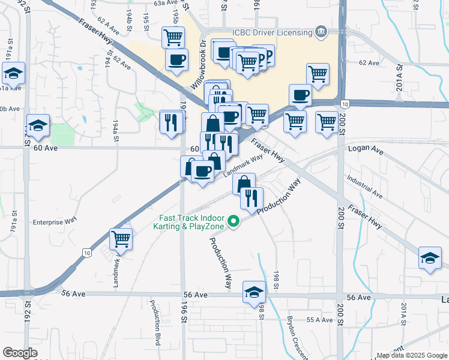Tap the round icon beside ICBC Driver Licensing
coord(321,31)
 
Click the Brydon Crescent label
coord(298,336)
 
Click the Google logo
coord(20,353)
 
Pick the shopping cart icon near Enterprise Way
coord(121,239)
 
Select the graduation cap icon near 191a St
coord(13,74)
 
